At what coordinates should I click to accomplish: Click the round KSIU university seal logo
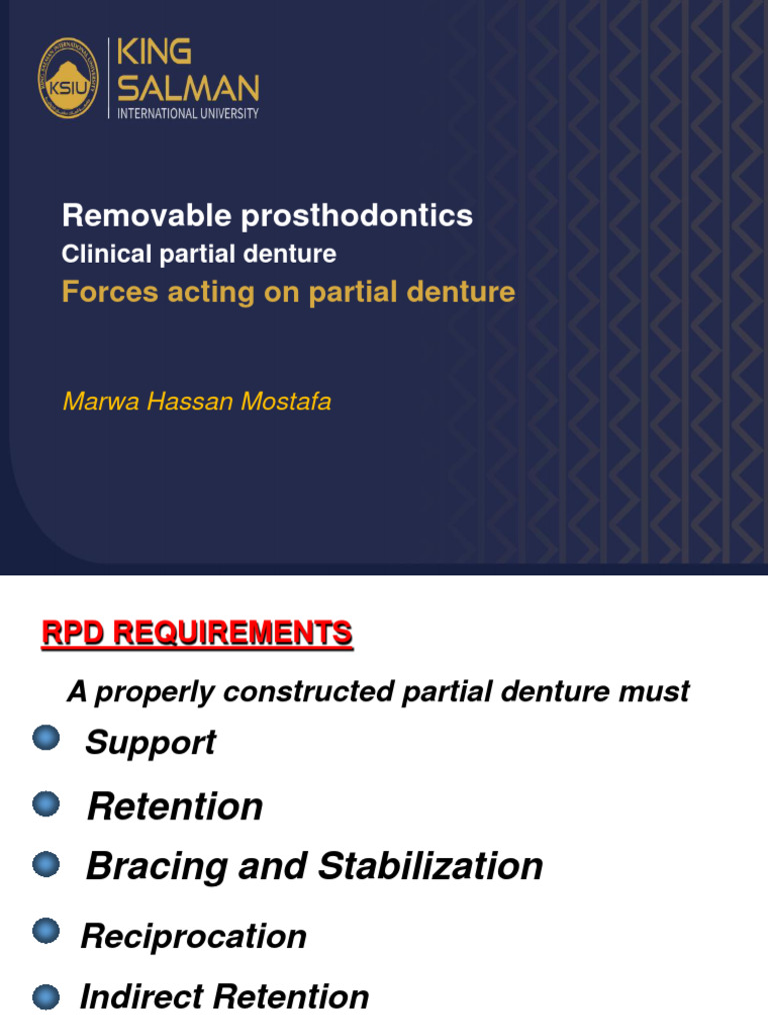point(68,78)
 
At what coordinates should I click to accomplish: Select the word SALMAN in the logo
point(188,88)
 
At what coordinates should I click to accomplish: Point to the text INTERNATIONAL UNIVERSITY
point(188,113)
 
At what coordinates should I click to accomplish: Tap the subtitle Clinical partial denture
point(199,254)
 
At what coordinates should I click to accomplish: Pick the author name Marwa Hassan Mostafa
point(196,402)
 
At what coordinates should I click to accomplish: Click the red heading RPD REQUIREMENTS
point(196,632)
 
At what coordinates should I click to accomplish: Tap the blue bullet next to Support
point(46,738)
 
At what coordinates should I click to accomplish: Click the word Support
point(150,743)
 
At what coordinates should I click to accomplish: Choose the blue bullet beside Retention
point(46,803)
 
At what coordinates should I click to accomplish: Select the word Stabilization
point(430,865)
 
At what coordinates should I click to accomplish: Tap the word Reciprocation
point(193,936)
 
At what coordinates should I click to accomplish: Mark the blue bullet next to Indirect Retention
point(46,995)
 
